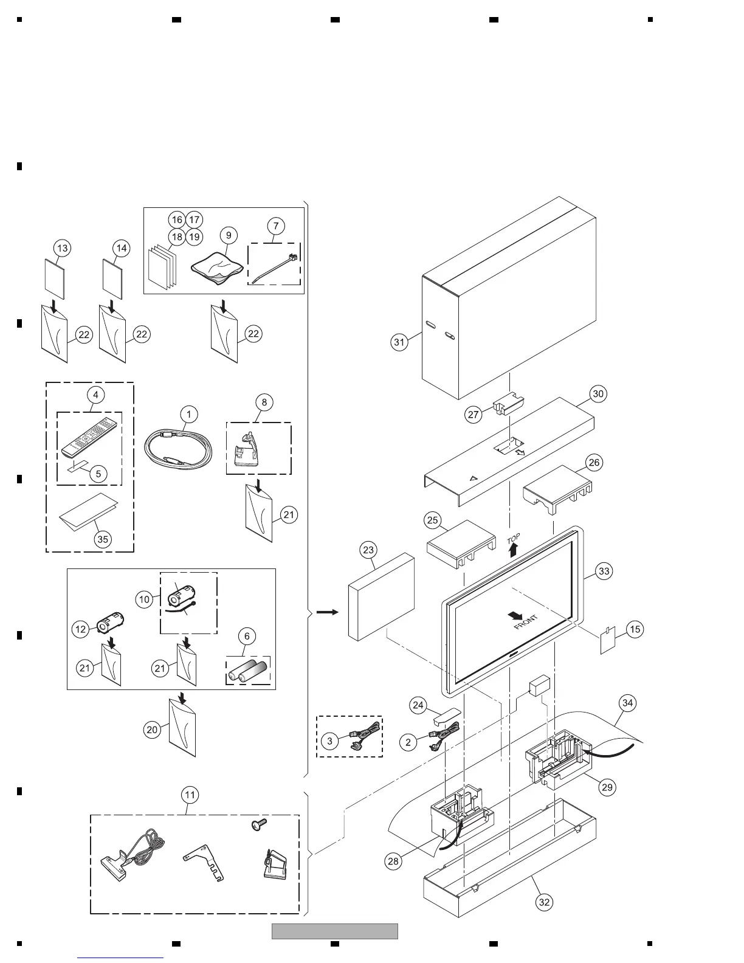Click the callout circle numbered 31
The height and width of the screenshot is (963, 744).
pos(399,342)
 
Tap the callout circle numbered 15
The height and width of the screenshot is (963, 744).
pos(635,629)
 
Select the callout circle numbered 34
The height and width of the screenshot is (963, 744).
pos(628,703)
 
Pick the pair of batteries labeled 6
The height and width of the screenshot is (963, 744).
pos(248,671)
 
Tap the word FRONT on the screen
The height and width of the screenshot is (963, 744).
pos(526,623)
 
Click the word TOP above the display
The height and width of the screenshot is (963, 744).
pos(514,539)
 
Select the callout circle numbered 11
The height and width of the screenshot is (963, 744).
pos(190,795)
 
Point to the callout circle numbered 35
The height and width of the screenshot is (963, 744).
pos(103,539)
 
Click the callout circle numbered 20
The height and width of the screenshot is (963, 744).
pos(152,729)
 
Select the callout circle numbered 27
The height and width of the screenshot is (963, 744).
pos(473,415)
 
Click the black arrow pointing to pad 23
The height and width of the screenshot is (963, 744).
pos(328,612)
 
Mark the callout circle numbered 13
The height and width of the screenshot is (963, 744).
pos(62,248)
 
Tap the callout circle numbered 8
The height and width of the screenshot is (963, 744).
pos(264,402)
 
